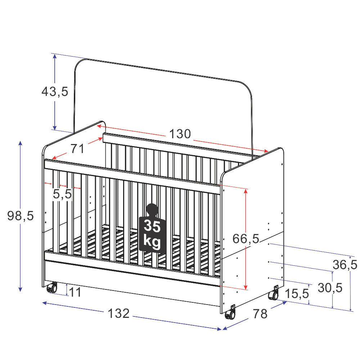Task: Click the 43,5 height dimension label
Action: (x=55, y=91)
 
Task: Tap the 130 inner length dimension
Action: (x=180, y=134)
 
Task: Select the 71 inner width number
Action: (x=77, y=149)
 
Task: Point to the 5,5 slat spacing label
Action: (x=62, y=194)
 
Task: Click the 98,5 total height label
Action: (x=21, y=216)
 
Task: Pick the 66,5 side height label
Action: (x=246, y=239)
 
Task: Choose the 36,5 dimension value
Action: (x=345, y=265)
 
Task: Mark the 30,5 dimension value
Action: (x=330, y=288)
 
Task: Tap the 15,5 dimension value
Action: (x=297, y=294)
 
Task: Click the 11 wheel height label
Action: (x=75, y=292)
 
